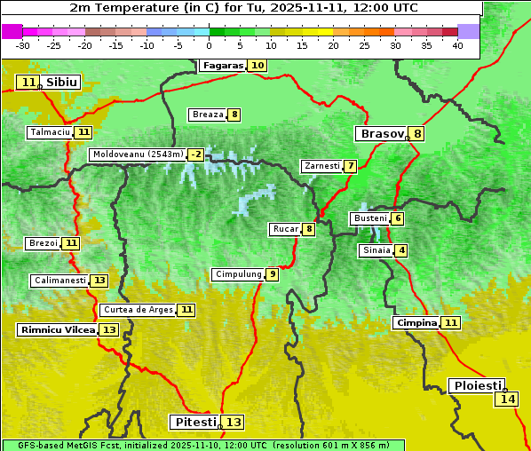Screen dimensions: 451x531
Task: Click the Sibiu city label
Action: pyautogui.click(x=62, y=83)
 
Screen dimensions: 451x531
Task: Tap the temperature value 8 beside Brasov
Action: pyautogui.click(x=416, y=134)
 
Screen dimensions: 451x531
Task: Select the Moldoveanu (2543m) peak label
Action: pyautogui.click(x=138, y=154)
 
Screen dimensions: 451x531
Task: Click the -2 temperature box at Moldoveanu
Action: pyautogui.click(x=195, y=154)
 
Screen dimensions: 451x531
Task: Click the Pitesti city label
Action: pyautogui.click(x=194, y=422)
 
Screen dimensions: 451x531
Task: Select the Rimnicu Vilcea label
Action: pyautogui.click(x=57, y=330)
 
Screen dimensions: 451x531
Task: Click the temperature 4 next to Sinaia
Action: pyautogui.click(x=401, y=250)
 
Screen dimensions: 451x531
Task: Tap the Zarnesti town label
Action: pyautogui.click(x=321, y=166)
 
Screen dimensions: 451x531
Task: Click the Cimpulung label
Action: pyautogui.click(x=238, y=274)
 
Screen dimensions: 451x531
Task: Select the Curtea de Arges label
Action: pyautogui.click(x=137, y=310)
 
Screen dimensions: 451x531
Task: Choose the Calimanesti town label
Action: pyautogui.click(x=59, y=281)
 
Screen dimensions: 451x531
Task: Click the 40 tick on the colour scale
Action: pyautogui.click(x=456, y=45)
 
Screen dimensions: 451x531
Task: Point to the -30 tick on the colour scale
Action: pyautogui.click(x=23, y=45)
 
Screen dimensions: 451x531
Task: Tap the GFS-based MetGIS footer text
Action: pyautogui.click(x=202, y=445)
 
